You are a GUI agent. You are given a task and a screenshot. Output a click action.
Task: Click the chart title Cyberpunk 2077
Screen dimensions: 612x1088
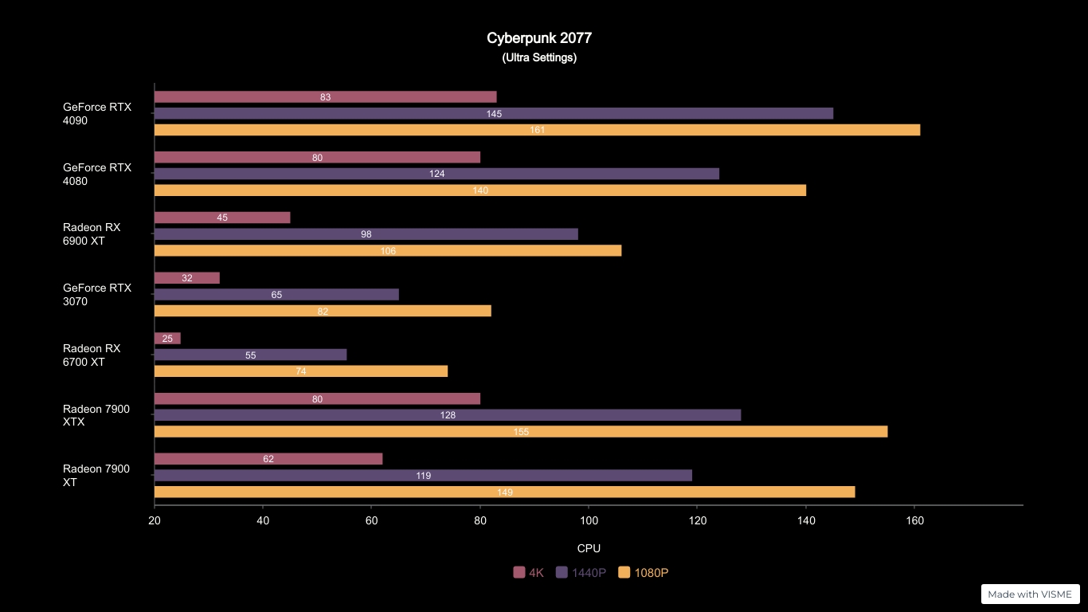point(539,38)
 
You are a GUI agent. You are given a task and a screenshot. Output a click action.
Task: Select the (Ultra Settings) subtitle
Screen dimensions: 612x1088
point(539,58)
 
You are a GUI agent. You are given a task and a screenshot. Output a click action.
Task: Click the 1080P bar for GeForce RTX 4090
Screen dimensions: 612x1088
point(537,130)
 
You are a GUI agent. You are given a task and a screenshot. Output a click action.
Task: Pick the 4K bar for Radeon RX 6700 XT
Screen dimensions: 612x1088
point(167,339)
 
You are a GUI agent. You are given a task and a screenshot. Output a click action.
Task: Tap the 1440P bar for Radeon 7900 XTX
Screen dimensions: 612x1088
point(447,415)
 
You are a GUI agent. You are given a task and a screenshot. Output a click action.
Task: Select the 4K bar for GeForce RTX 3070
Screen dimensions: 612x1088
point(186,278)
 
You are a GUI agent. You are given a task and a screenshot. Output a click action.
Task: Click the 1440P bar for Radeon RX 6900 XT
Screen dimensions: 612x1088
point(366,234)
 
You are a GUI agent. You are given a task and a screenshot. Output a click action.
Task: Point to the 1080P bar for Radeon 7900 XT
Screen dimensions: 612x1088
point(504,492)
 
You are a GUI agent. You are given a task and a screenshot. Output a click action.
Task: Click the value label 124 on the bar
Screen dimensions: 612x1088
point(436,174)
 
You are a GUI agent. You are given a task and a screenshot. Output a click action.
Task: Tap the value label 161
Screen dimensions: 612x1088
point(538,130)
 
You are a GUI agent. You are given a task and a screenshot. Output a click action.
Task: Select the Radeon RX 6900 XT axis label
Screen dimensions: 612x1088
point(92,234)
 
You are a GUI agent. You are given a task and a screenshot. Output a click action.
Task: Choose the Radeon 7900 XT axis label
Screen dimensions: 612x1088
point(96,476)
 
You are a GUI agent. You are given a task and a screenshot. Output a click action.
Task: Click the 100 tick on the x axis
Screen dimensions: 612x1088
point(589,521)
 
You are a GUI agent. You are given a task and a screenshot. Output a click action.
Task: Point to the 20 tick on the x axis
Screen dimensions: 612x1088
point(155,521)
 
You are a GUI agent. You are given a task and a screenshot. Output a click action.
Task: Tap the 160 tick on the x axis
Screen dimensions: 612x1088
point(914,521)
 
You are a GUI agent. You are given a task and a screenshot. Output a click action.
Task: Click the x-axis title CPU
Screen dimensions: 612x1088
point(589,548)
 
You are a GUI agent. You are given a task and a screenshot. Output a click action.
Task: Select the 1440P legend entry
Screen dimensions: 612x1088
point(581,572)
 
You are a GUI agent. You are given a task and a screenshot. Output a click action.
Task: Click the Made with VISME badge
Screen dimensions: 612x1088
point(1030,594)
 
